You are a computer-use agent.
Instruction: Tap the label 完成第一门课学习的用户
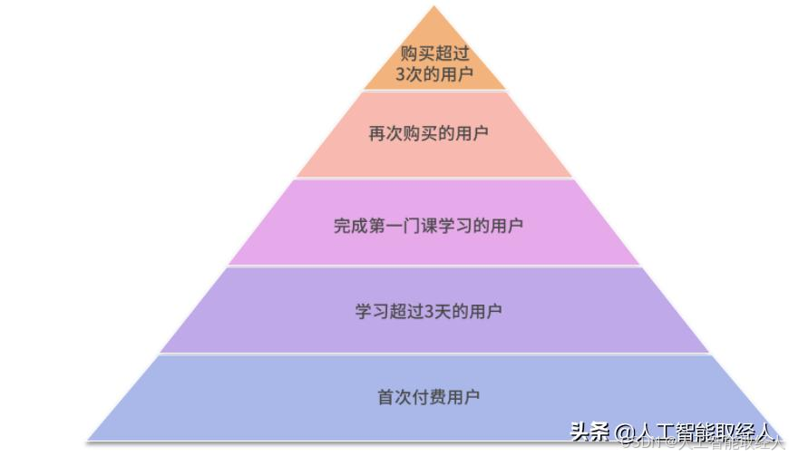[x=428, y=225]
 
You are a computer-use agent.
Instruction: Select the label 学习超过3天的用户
[x=428, y=312]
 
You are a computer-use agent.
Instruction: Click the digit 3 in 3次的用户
[x=401, y=74]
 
